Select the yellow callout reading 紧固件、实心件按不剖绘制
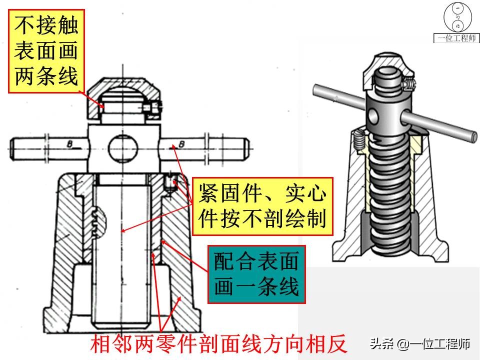pyautogui.click(x=262, y=206)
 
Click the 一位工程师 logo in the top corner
pyautogui.click(x=456, y=22)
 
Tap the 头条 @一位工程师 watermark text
pyautogui.click(x=420, y=344)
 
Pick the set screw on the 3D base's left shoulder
pyautogui.click(x=358, y=139)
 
